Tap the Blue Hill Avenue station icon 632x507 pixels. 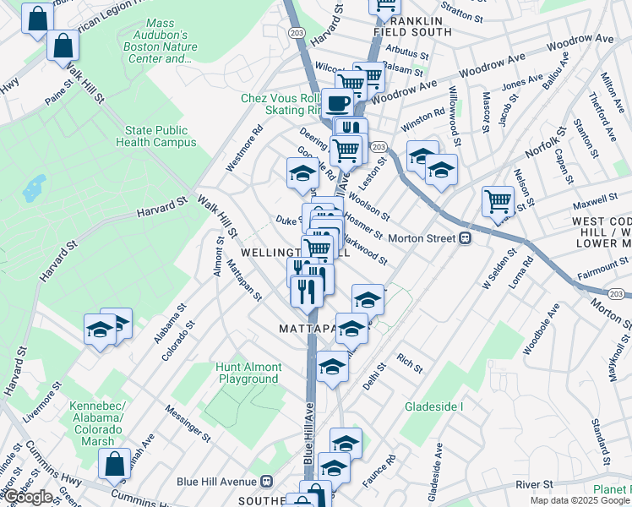[x=266, y=481]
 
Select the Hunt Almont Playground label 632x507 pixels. [x=248, y=373]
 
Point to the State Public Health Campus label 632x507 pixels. [x=155, y=137]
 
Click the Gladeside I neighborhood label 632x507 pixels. [x=434, y=406]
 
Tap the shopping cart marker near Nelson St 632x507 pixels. [x=498, y=201]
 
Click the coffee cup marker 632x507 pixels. [x=337, y=102]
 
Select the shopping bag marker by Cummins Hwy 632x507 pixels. [x=114, y=463]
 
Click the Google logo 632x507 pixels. [x=28, y=497]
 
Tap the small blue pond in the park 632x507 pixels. [x=35, y=188]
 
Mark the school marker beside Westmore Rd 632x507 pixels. [x=302, y=172]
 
